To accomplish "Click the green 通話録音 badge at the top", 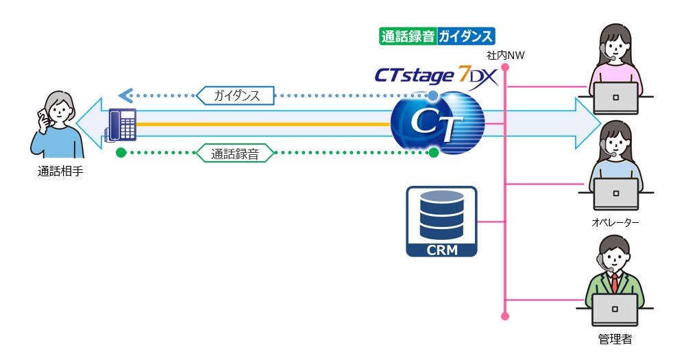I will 407,36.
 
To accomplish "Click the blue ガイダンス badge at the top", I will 465,36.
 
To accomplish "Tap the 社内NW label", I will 505,56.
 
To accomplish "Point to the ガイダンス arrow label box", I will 236,95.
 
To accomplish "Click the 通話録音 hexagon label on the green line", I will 235,153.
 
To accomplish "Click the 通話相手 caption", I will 60,172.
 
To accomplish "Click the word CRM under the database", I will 441,248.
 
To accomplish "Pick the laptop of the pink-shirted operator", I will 615,99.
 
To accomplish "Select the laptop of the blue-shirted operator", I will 615,195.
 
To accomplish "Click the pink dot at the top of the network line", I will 505,67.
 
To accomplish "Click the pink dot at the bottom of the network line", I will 505,316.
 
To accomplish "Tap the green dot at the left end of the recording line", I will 121,152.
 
